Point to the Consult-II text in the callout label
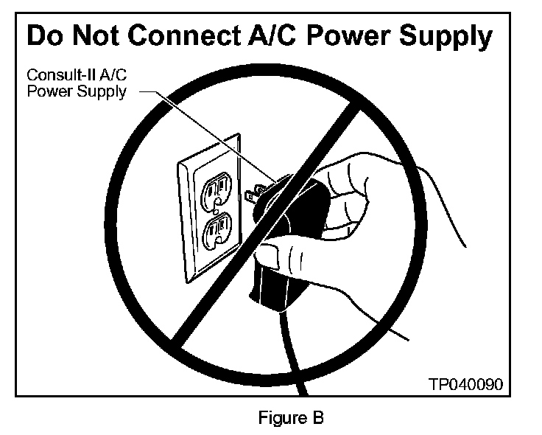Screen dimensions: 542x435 (x=54, y=76)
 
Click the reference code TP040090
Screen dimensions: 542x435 (x=467, y=384)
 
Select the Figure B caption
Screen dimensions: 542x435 (x=290, y=418)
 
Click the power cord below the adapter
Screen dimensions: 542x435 (x=290, y=354)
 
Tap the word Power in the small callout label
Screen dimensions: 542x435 (x=45, y=93)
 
